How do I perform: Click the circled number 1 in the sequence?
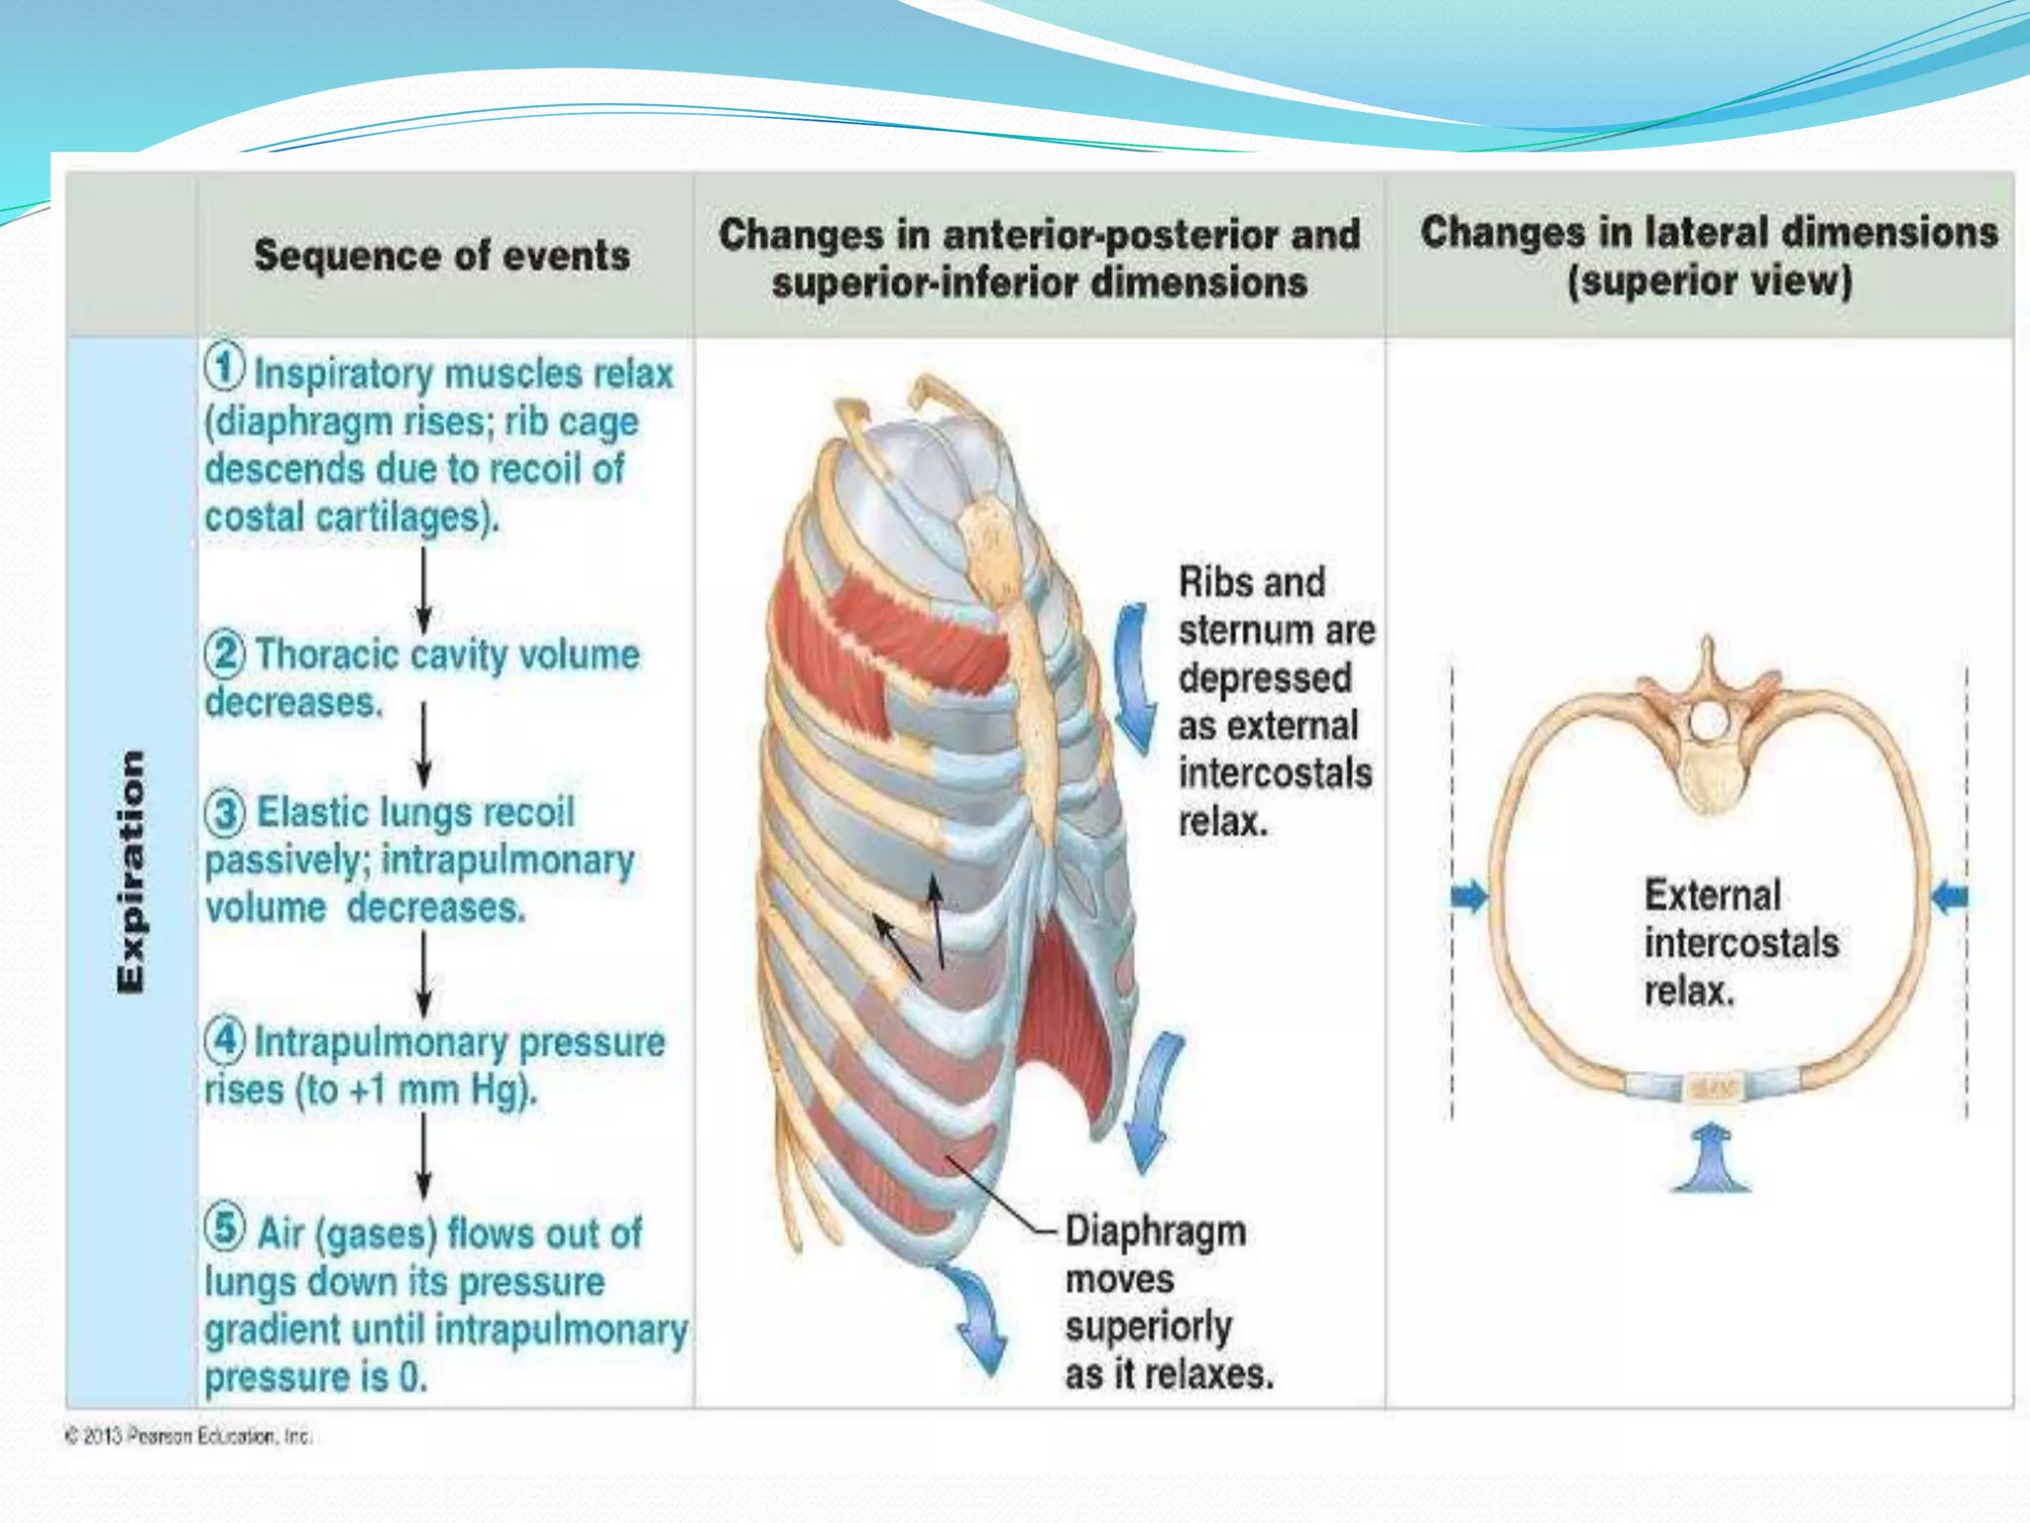[x=225, y=367]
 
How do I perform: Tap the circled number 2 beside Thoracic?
[x=225, y=653]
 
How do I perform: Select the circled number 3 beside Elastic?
[x=225, y=813]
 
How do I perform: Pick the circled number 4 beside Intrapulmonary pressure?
[x=225, y=1041]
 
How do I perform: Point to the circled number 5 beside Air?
[x=225, y=1228]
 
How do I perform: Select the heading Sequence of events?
[x=442, y=256]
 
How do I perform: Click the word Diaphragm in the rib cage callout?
[x=1155, y=1231]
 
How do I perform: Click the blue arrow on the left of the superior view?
[x=1469, y=896]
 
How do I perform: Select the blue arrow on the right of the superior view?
[x=1950, y=896]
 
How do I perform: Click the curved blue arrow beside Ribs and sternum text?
[x=1135, y=679]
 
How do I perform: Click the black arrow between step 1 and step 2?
[x=424, y=590]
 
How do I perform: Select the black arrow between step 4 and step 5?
[x=424, y=1155]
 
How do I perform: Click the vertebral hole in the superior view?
[x=1707, y=721]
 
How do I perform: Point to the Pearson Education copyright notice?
[x=188, y=1436]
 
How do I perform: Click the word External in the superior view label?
[x=1712, y=895]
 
